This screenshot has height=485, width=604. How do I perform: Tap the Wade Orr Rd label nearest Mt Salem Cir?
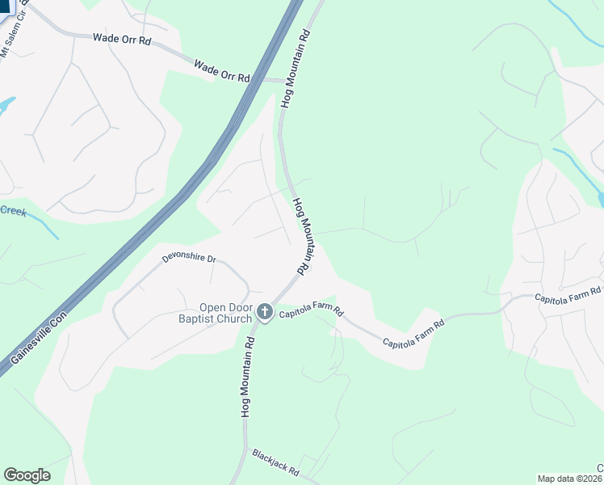tap(120, 39)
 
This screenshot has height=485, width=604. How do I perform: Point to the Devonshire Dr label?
tap(190, 259)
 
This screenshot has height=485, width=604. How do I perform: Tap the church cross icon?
tap(265, 312)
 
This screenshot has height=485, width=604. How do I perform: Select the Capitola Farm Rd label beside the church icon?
tap(312, 312)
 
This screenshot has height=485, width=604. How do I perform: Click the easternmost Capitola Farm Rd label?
tap(568, 295)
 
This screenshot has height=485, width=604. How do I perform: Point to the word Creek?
tap(13, 211)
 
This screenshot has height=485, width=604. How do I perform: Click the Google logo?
tap(27, 475)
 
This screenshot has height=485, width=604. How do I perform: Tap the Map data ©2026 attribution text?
tap(570, 479)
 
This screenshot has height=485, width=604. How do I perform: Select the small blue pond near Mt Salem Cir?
tap(6, 105)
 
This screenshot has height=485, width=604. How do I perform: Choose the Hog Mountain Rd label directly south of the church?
tap(249, 376)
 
